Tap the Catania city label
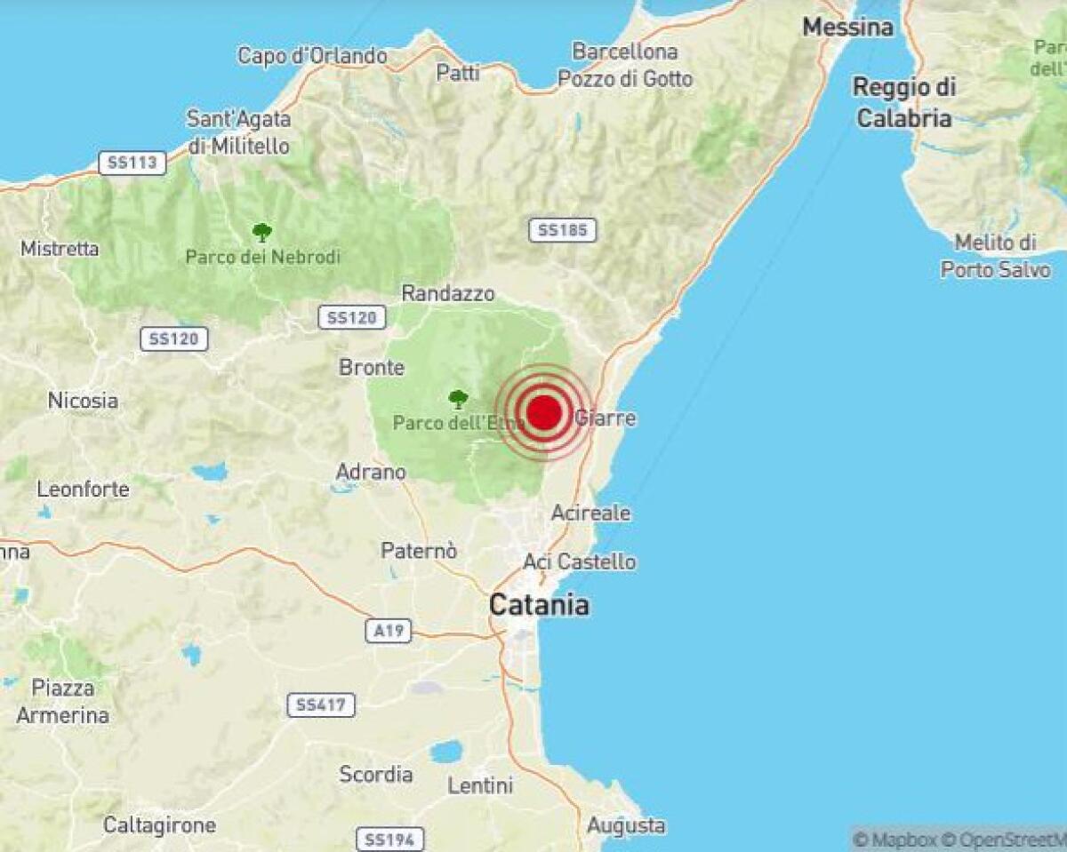click(539, 606)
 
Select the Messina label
click(847, 28)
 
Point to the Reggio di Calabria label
click(903, 102)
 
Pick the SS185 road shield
click(563, 230)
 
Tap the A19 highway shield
click(389, 631)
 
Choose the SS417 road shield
click(321, 705)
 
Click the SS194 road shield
click(390, 839)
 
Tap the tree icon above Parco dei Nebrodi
click(261, 233)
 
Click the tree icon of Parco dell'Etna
click(458, 399)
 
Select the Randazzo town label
click(448, 293)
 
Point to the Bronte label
click(372, 367)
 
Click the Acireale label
click(590, 513)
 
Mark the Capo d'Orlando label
click(312, 56)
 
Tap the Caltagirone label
click(159, 825)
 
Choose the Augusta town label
click(626, 825)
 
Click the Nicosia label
click(83, 401)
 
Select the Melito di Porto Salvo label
click(995, 256)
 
